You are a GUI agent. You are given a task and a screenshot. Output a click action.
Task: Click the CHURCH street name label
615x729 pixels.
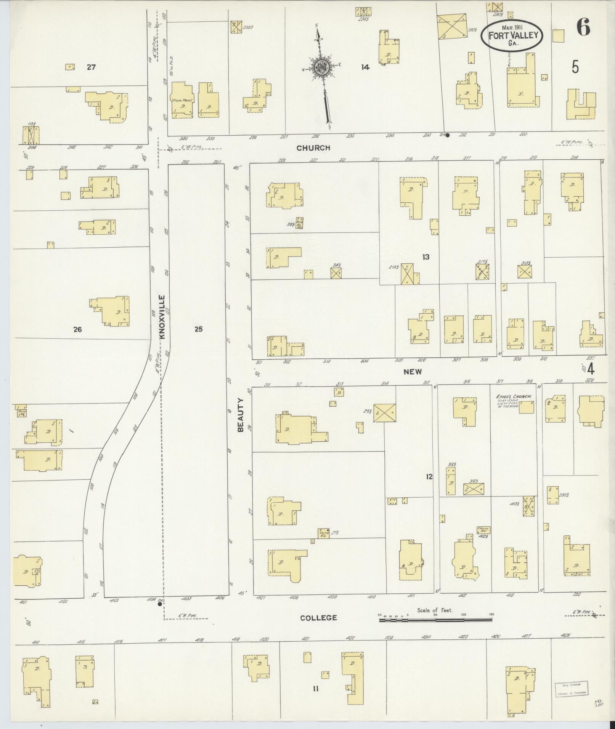[313, 148]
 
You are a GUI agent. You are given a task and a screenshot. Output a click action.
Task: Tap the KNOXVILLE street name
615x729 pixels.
[162, 317]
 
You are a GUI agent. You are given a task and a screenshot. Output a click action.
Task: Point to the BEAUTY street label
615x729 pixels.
[241, 415]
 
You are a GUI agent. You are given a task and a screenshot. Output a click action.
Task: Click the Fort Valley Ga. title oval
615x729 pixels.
[512, 35]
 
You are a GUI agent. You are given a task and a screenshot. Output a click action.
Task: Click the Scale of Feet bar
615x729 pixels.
[435, 620]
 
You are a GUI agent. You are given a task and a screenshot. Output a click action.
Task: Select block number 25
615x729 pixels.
[198, 329]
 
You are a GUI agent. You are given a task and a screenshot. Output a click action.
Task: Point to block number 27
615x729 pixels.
[91, 67]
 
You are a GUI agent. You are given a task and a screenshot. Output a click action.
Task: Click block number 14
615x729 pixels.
[365, 67]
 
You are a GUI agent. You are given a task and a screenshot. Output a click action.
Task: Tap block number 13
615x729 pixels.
[426, 257]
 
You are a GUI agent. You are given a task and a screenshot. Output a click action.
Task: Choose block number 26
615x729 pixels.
[77, 330]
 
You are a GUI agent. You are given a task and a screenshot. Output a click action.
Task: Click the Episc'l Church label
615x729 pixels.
[514, 397]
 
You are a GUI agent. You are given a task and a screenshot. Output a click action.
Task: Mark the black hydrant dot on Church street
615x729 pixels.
[448, 135]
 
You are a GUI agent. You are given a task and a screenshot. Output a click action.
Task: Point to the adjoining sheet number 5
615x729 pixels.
[575, 67]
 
